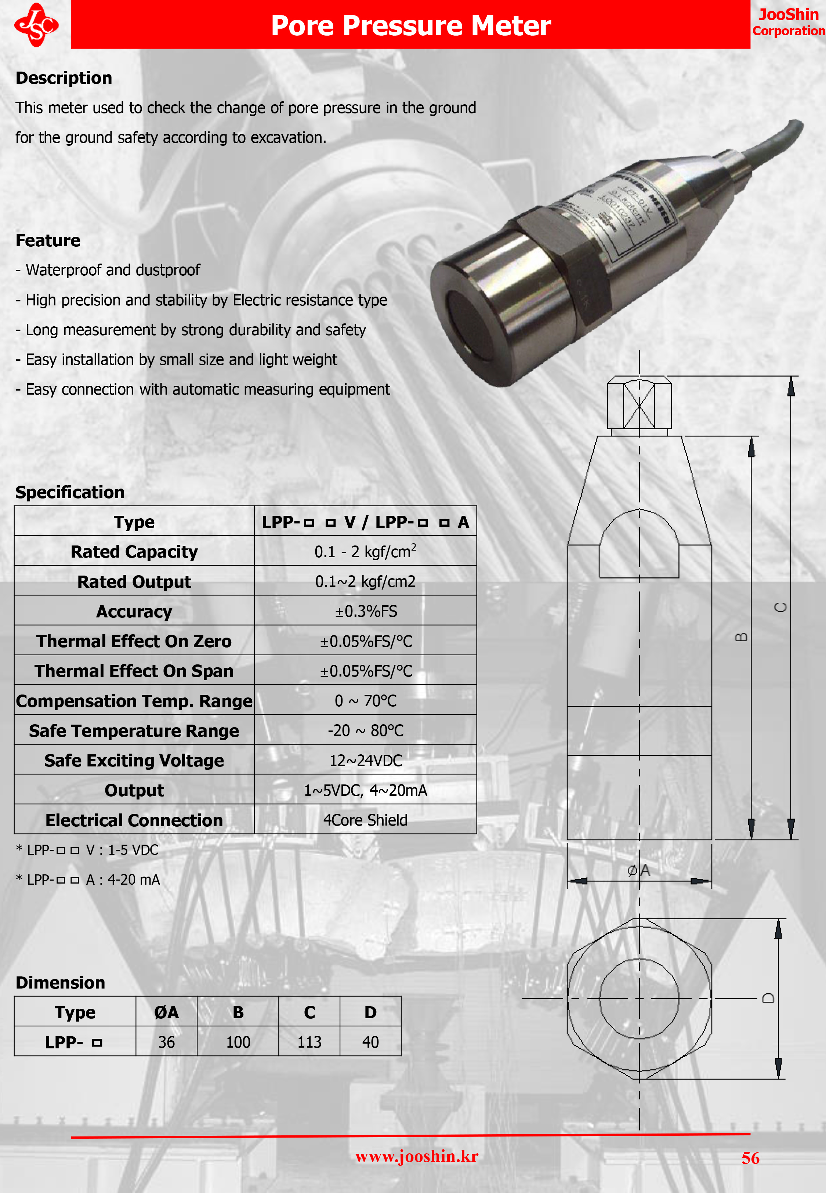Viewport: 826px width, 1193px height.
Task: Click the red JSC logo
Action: (36, 25)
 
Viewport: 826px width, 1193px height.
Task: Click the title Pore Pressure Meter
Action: (411, 25)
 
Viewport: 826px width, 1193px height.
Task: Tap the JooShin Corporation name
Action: (788, 22)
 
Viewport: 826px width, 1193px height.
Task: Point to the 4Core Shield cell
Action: (365, 820)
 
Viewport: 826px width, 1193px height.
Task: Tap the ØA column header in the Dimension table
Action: (166, 1012)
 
